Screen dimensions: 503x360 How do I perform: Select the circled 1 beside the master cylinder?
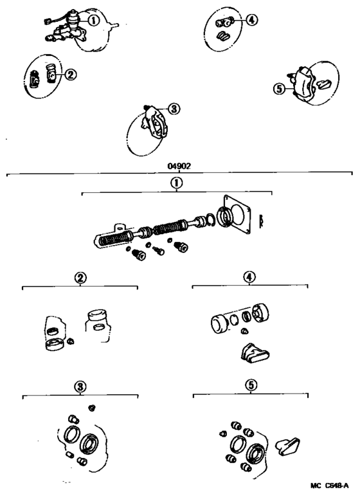[x=93, y=20]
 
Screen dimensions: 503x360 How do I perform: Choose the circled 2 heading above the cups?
[x=80, y=278]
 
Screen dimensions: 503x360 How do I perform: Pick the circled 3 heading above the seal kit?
[x=80, y=387]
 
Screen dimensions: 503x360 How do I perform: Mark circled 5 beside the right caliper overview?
[x=278, y=89]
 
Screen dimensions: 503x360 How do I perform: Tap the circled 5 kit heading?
[x=250, y=387]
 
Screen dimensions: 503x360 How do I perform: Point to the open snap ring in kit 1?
[x=207, y=223]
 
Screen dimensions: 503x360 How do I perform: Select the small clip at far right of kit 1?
[x=264, y=221]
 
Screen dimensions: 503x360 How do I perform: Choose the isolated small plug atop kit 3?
[x=92, y=408]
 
